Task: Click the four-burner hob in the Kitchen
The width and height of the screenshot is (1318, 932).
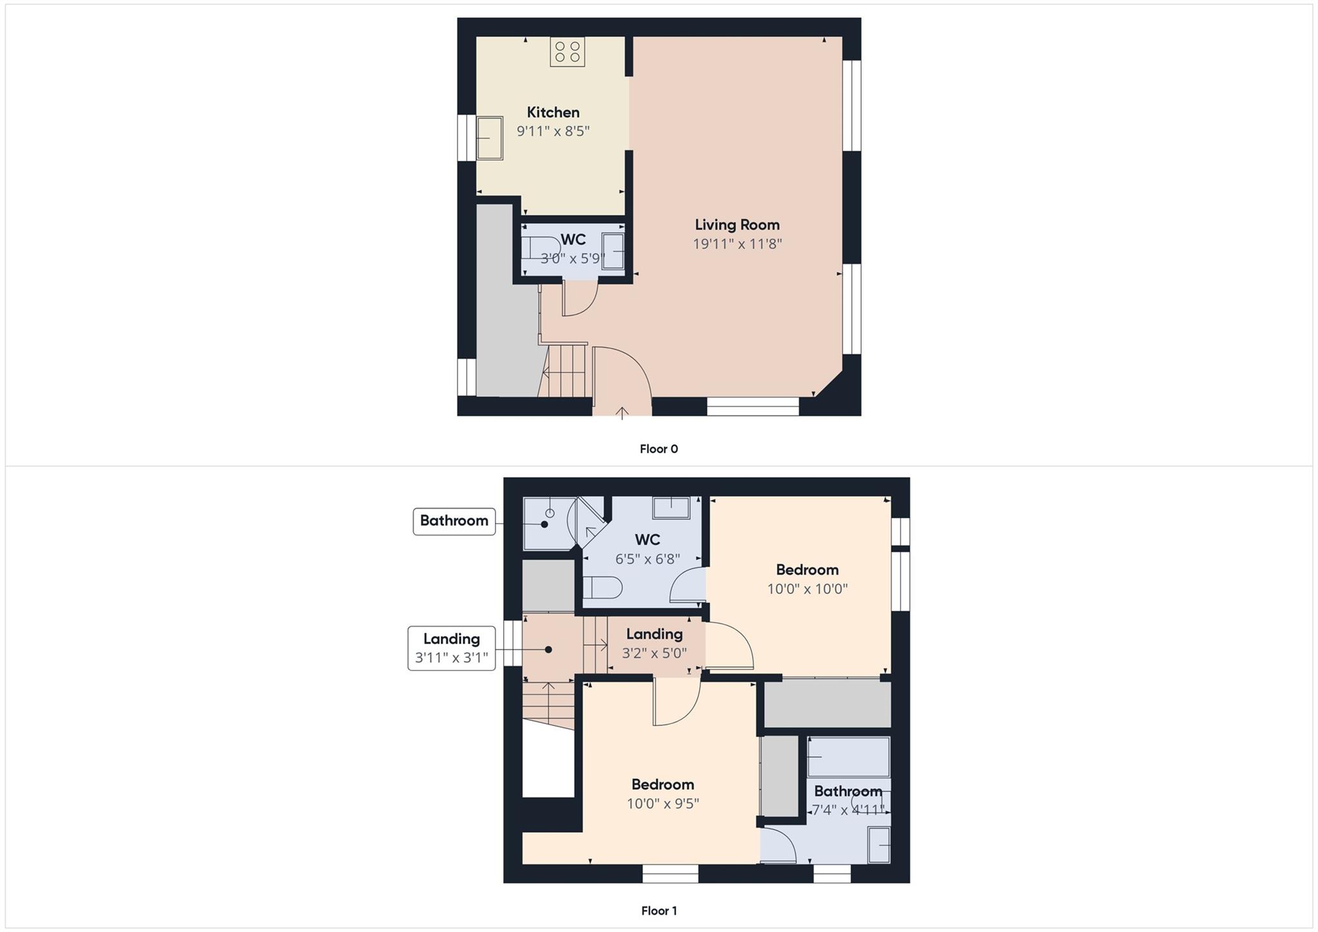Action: (567, 51)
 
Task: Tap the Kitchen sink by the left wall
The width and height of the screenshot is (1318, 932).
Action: (489, 138)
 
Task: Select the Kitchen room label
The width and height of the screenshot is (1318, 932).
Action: (553, 112)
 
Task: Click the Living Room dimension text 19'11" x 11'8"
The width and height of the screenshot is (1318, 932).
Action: (737, 244)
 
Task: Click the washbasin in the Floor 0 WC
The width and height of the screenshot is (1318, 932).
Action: (613, 251)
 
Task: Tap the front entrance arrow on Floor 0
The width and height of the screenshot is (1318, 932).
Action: (622, 413)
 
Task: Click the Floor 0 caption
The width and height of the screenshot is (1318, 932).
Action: (658, 449)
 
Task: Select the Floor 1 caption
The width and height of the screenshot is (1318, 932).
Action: (658, 911)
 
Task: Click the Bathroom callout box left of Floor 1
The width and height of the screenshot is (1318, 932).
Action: (454, 521)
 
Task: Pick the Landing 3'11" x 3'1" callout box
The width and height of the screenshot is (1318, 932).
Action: (451, 648)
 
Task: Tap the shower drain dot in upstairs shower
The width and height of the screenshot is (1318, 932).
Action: (544, 525)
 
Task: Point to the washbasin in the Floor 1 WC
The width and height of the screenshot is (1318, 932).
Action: (671, 507)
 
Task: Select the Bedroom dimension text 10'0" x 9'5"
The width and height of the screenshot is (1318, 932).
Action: (663, 804)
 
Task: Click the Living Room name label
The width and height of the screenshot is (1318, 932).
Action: (737, 225)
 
